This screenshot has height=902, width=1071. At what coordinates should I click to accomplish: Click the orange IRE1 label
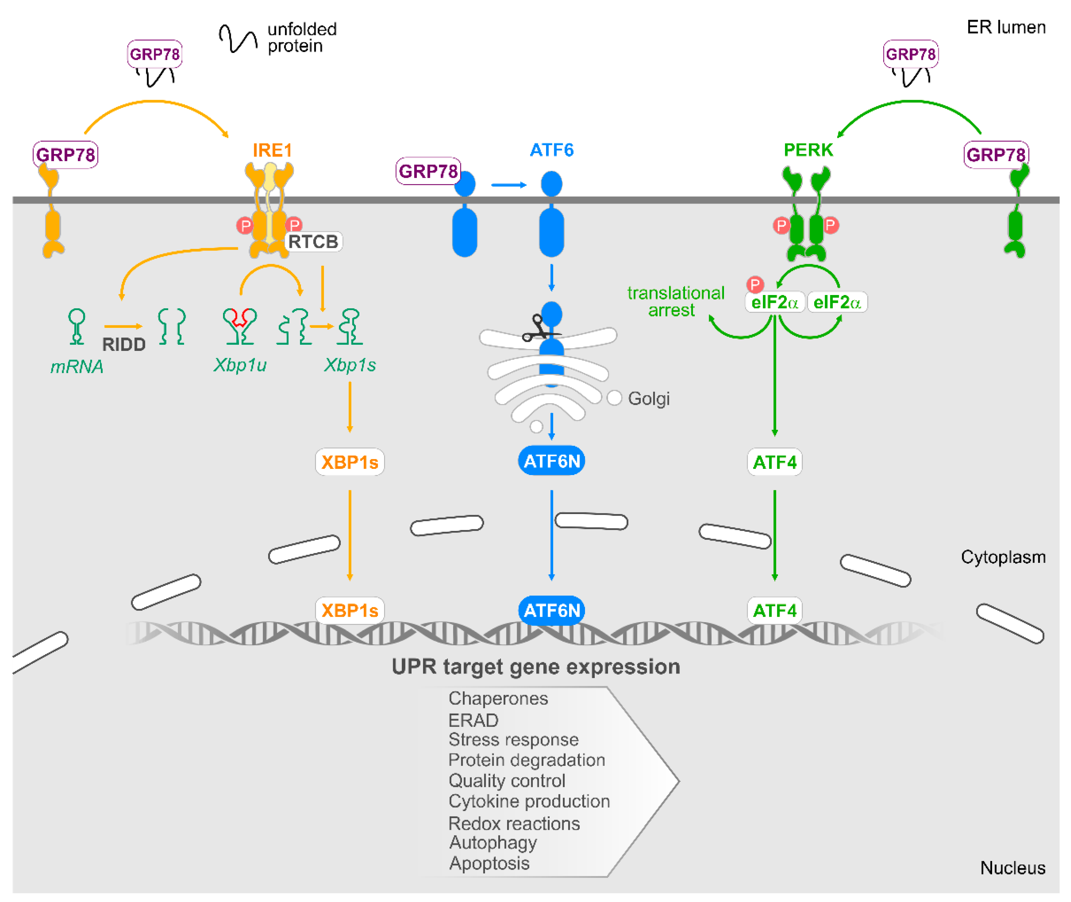[x=272, y=150]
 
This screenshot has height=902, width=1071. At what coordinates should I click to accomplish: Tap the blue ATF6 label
[x=552, y=150]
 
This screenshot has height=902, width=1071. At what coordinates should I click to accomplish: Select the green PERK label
[x=808, y=150]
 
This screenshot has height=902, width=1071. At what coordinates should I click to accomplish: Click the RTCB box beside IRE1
[x=313, y=242]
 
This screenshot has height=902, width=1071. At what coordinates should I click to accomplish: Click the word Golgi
[x=649, y=399]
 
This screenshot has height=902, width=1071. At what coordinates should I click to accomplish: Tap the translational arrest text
[x=676, y=302]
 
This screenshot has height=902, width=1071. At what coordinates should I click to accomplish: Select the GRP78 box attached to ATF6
[x=428, y=171]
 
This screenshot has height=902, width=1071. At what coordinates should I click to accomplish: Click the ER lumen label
[x=1006, y=27]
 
